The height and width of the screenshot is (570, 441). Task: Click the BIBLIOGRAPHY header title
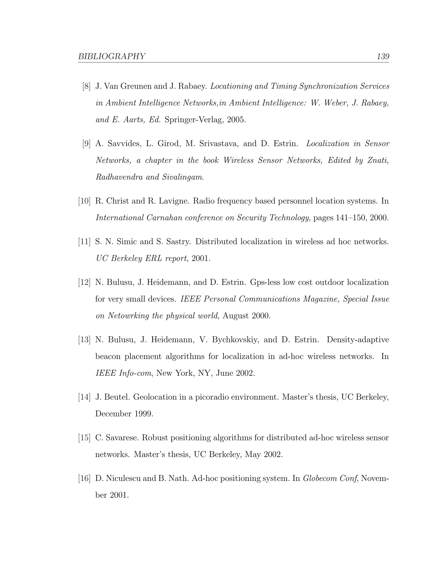[x=112, y=56]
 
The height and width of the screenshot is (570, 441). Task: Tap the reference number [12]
[x=84, y=282]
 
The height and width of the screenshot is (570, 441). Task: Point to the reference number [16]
[x=84, y=478]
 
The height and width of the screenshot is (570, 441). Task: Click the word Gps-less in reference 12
[x=265, y=282]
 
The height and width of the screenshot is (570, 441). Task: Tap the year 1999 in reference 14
[x=143, y=414]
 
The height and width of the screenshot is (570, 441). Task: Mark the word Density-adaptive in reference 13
[x=358, y=340]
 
